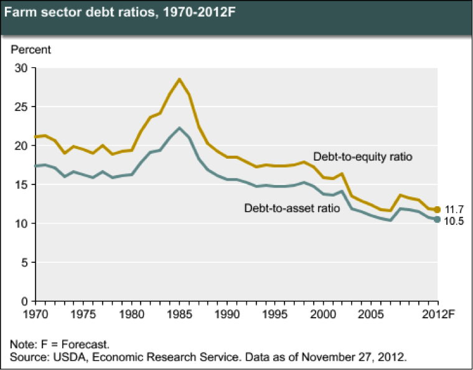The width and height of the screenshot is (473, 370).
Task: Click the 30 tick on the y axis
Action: click(x=21, y=68)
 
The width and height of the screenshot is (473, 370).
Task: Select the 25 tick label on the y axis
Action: click(x=21, y=107)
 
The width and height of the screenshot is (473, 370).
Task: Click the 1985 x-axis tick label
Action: click(x=179, y=313)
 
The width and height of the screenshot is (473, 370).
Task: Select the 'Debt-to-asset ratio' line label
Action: click(x=291, y=207)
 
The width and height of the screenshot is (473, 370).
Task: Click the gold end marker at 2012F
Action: click(x=438, y=210)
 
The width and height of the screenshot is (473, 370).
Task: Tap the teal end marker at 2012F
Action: click(x=438, y=219)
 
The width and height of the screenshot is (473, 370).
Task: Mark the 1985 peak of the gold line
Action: click(x=179, y=79)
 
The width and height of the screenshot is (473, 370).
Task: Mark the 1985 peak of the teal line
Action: click(x=179, y=128)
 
